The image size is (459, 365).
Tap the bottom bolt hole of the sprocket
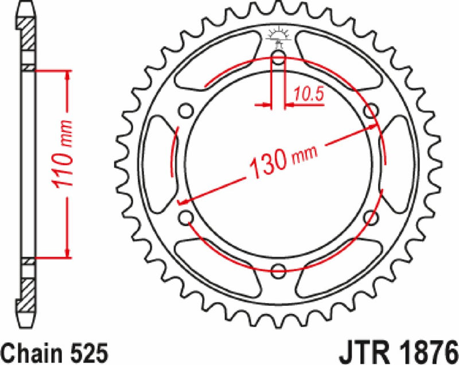[x=279, y=270]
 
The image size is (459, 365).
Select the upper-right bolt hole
[x=371, y=110]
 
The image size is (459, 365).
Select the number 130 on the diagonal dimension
[x=267, y=163]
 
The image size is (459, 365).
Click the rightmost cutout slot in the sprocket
[x=398, y=163]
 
